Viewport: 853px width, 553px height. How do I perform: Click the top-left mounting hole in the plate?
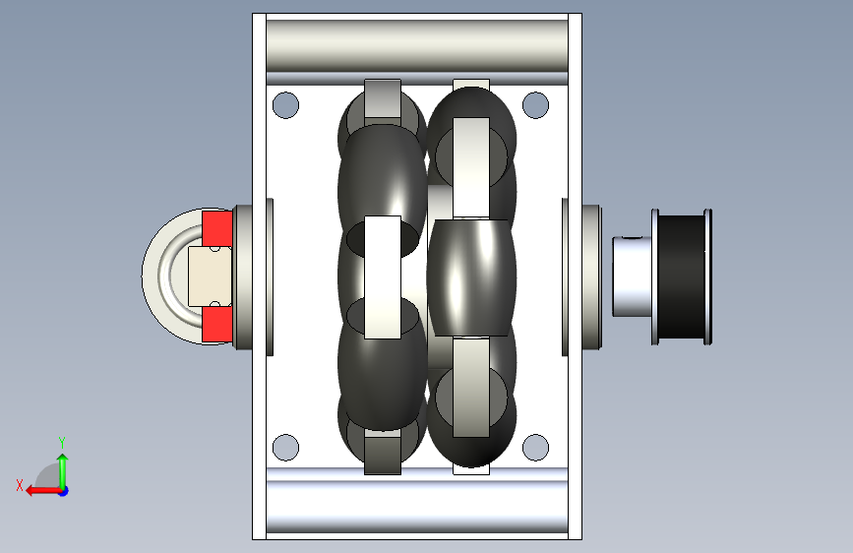pyautogui.click(x=285, y=105)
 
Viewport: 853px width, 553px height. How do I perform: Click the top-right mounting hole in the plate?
pyautogui.click(x=535, y=105)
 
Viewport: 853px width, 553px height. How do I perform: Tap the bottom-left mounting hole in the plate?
pyautogui.click(x=285, y=448)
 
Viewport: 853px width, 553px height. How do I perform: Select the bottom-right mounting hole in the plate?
pyautogui.click(x=535, y=448)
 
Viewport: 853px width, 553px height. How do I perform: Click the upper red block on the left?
pyautogui.click(x=217, y=228)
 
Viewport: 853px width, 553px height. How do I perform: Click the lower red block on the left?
pyautogui.click(x=217, y=324)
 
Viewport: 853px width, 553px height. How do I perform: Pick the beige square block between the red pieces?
pyautogui.click(x=210, y=276)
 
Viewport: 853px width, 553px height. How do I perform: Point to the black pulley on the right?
pyautogui.click(x=682, y=277)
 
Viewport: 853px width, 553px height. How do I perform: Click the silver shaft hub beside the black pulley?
pyautogui.click(x=633, y=276)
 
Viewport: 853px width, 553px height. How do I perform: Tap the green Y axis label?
pyautogui.click(x=62, y=442)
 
